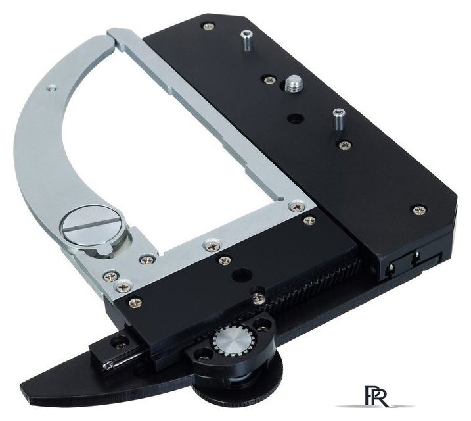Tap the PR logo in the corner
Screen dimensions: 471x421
click(x=376, y=396)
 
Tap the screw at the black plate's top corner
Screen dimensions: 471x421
click(x=209, y=26)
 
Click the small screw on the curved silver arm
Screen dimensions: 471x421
click(x=52, y=88)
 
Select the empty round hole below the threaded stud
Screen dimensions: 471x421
click(x=294, y=118)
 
